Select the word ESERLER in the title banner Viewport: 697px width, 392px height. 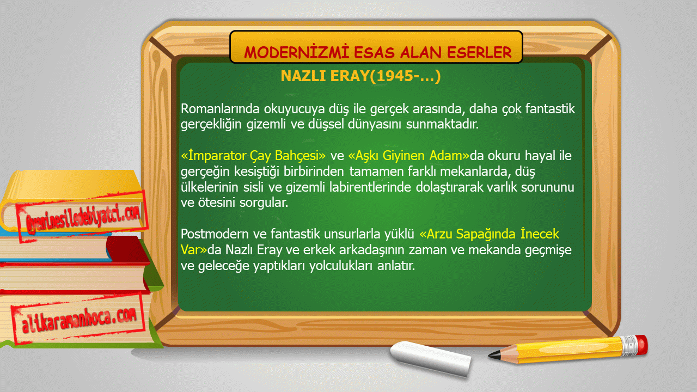coord(480,52)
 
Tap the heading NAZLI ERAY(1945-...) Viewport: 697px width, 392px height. coord(360,76)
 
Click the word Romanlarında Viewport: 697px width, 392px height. coord(220,109)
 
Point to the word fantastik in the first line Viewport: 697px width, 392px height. coord(550,109)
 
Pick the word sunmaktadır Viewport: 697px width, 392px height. coord(442,124)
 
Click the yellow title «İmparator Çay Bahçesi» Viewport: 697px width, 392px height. coord(253,156)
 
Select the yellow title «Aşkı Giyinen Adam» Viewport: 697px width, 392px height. coord(408,156)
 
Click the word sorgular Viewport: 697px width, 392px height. coord(264,203)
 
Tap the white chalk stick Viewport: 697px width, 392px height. coord(431,358)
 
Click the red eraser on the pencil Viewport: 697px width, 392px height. coord(642,345)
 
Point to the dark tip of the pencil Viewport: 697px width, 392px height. coord(494,355)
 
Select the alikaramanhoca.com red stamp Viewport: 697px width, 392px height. coord(78,319)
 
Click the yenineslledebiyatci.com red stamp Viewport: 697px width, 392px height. coord(82,217)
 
